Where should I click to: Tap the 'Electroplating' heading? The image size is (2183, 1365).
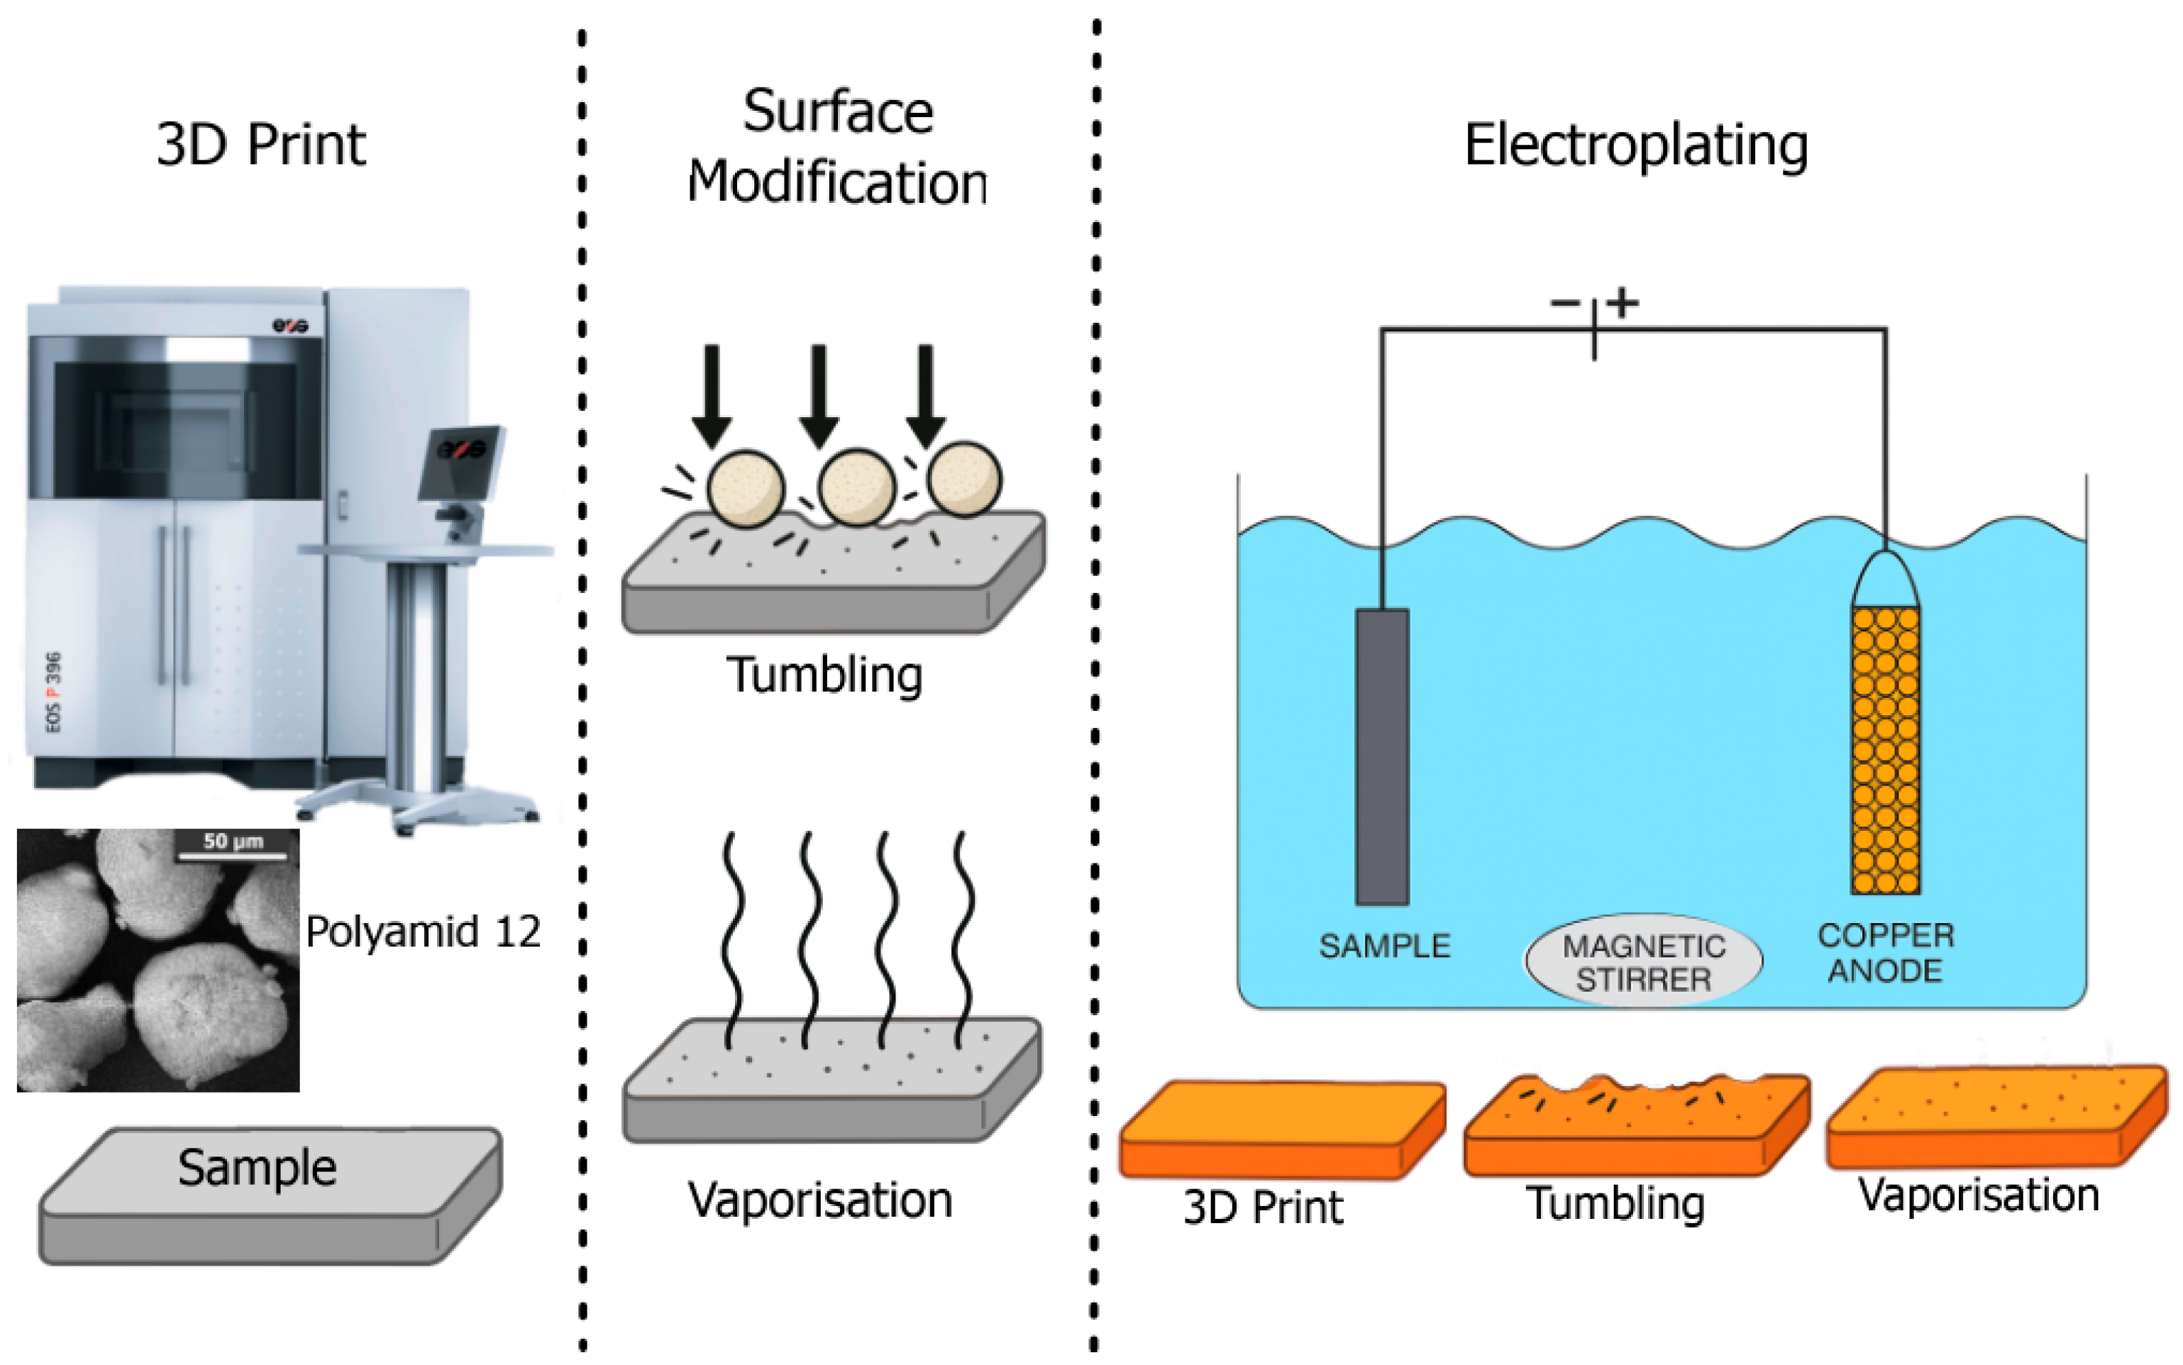pos(1636,146)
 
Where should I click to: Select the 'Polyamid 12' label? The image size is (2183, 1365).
pos(424,932)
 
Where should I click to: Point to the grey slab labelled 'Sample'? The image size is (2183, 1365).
pos(270,1193)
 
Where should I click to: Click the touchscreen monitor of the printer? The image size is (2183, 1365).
pos(460,463)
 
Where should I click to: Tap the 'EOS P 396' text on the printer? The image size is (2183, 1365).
pos(53,692)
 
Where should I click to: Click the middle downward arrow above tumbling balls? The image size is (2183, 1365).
pos(818,395)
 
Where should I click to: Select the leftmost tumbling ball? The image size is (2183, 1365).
pos(746,487)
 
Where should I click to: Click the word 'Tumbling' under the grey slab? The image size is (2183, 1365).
pos(824,676)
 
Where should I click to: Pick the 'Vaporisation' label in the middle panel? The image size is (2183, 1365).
pos(819,1200)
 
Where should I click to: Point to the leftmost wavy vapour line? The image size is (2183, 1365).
pos(733,939)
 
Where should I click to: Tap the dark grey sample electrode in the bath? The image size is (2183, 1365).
pos(1381,756)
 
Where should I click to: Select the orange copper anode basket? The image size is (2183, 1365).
pos(1885,723)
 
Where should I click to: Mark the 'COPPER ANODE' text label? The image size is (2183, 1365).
pos(1886,952)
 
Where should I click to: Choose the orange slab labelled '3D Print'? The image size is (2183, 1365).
pos(1282,1129)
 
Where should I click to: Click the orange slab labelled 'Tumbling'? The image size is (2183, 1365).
pos(1637,1125)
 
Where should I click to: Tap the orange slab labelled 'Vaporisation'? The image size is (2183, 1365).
pos(1997,1117)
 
